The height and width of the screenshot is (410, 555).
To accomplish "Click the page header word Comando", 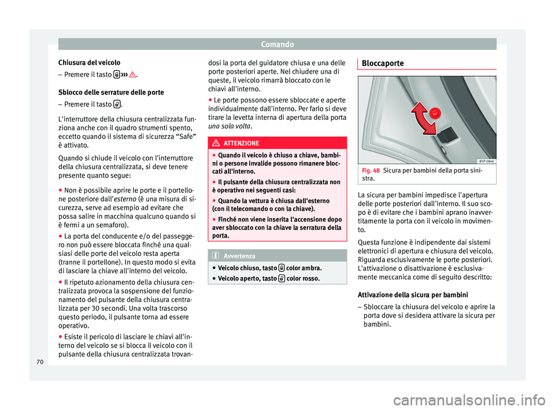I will (277, 43).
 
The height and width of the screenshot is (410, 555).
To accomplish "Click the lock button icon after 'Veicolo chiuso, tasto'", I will (281, 269).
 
